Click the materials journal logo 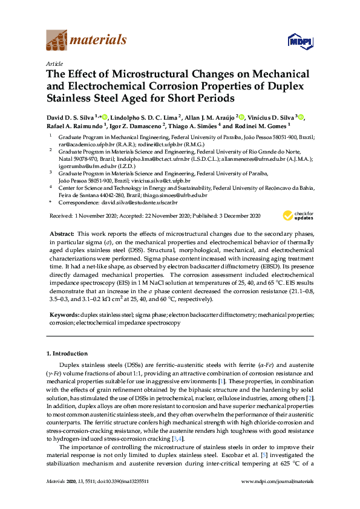[x=86, y=41]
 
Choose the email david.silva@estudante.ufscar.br [x=144, y=204]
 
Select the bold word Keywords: [x=63, y=315]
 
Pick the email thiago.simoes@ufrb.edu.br [x=174, y=195]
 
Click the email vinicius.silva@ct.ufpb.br [x=156, y=180]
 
